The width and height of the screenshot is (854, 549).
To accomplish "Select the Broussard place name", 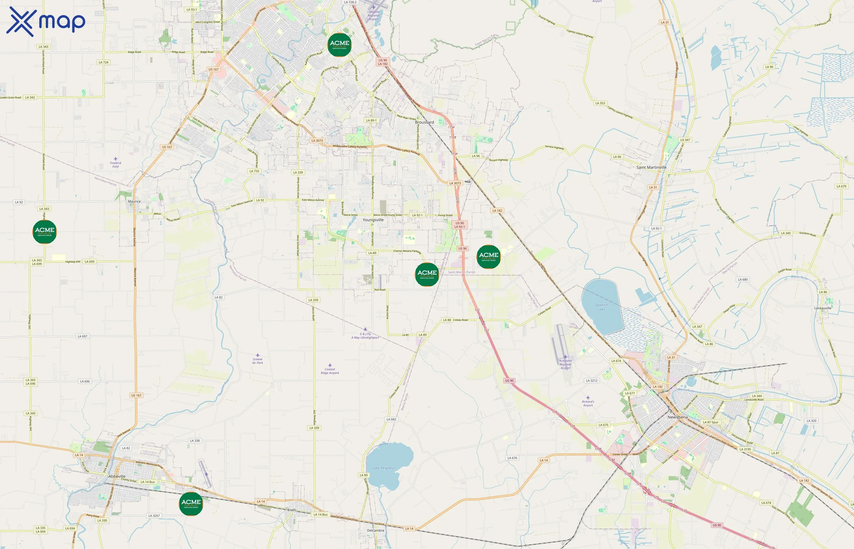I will click(424, 122).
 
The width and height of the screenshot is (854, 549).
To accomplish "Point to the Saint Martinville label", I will click(651, 167).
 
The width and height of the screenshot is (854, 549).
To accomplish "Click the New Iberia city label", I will click(677, 417).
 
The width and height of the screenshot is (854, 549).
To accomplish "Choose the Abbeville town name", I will click(117, 476).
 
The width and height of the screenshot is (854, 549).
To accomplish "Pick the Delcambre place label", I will click(375, 530).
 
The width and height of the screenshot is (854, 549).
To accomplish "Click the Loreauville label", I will click(823, 308).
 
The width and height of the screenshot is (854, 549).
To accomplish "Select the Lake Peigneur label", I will click(383, 468).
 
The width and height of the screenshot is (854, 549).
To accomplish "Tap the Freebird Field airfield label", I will click(116, 164).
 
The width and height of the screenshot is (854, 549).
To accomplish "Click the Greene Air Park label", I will click(257, 361).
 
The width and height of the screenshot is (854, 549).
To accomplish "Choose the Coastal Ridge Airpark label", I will click(330, 371).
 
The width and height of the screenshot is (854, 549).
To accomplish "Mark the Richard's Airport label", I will click(588, 403).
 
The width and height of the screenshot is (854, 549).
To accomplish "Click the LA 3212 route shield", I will click(592, 381).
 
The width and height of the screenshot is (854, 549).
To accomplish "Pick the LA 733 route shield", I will click(254, 171).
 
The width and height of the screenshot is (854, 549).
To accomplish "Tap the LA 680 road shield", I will click(743, 279).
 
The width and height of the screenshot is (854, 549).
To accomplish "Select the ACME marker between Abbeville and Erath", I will click(191, 503).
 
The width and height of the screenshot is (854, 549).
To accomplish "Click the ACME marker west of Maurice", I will click(45, 232).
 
